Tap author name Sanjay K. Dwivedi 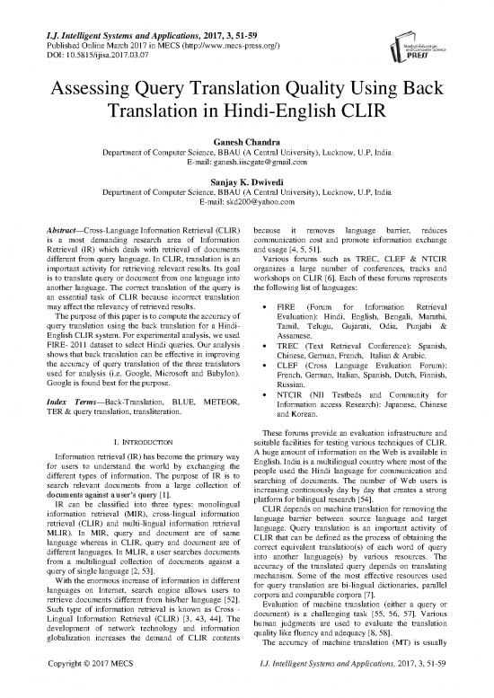(x=246, y=192)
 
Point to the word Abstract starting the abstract (x=36, y=243)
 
